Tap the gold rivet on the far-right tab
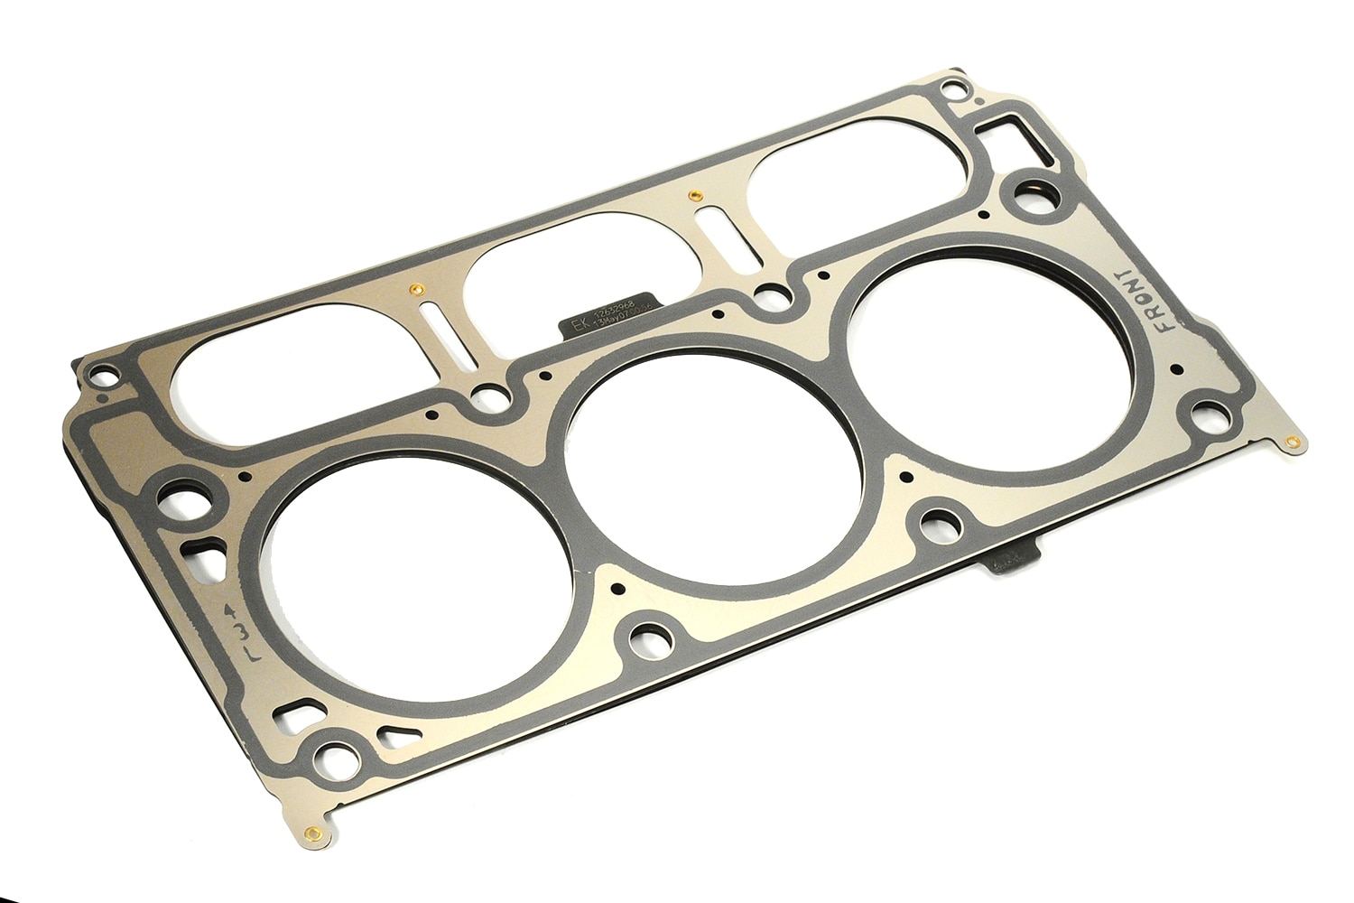pyautogui.click(x=1293, y=442)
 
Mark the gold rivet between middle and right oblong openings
pyautogui.click(x=691, y=193)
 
